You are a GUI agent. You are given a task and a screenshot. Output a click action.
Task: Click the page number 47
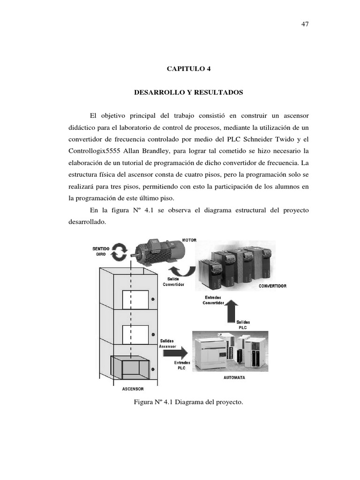pos(305,24)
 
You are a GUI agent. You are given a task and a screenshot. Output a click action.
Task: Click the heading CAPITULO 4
pos(189,68)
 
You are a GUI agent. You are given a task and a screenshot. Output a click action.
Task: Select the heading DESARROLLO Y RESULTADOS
pos(189,93)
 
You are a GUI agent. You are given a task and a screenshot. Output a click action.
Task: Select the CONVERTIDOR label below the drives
pos(272,285)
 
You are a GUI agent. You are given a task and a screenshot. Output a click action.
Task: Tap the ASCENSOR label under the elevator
pos(133,389)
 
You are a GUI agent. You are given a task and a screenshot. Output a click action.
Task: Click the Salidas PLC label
pos(243,325)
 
